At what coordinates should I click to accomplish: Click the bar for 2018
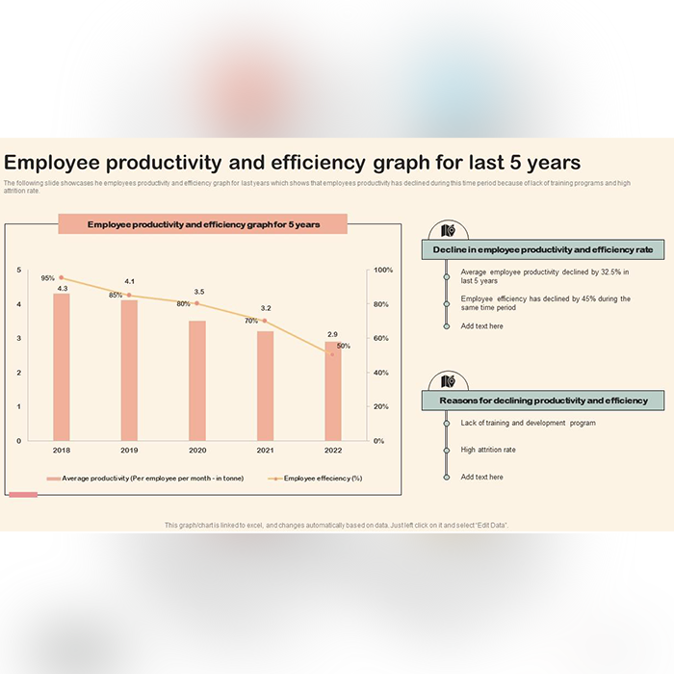[62, 366]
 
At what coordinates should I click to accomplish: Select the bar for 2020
[196, 380]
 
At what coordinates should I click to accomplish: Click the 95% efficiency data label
[47, 278]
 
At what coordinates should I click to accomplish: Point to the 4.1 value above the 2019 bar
[129, 281]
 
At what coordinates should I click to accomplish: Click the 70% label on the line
[250, 321]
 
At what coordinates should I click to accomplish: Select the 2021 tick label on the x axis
[265, 451]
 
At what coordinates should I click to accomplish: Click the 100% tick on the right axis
[383, 271]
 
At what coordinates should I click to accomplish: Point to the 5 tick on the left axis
[18, 271]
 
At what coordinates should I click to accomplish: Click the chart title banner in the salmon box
[202, 224]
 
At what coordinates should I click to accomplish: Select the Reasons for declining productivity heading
[543, 400]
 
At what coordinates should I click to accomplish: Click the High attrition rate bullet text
[488, 450]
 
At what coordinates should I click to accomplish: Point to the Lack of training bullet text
[528, 423]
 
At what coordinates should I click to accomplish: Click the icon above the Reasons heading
[447, 379]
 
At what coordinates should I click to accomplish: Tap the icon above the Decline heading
[447, 230]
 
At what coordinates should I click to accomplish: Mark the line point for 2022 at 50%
[332, 354]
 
